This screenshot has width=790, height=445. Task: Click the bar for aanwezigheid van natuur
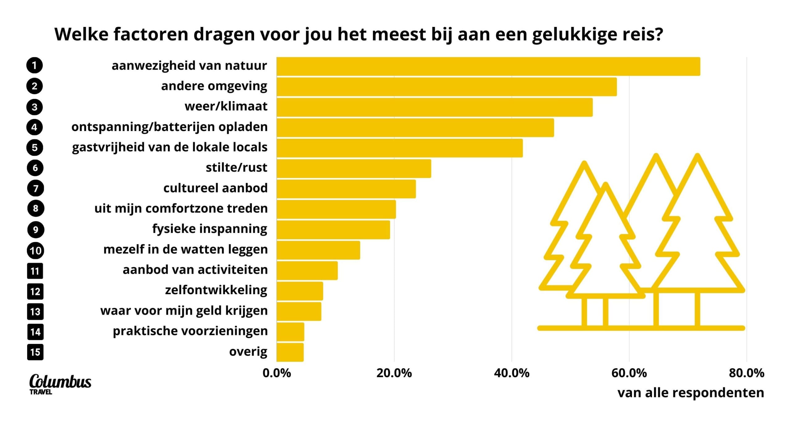point(488,66)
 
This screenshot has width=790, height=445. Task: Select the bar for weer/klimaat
point(434,107)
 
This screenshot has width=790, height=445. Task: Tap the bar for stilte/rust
point(354,168)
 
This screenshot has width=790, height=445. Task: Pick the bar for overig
point(290,352)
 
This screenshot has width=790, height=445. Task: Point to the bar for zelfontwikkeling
point(300,291)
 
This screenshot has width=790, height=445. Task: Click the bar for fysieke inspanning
point(333,230)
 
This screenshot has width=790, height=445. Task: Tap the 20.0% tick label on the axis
point(394,373)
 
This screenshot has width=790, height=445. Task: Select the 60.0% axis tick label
point(629,373)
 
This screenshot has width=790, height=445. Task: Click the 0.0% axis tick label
point(276,373)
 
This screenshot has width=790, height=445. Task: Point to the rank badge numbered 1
point(35,66)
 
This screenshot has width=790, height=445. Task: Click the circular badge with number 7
point(35,188)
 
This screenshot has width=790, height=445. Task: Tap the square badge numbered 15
point(35,352)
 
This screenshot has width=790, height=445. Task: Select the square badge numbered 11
point(35,271)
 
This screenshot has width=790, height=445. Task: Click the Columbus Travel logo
point(60,384)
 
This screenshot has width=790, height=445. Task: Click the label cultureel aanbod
point(215,188)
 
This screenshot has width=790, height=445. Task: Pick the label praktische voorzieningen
point(190,331)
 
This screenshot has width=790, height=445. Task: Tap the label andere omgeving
point(214,86)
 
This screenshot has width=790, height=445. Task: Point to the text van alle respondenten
point(691,393)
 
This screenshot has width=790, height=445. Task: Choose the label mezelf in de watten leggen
point(185,249)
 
